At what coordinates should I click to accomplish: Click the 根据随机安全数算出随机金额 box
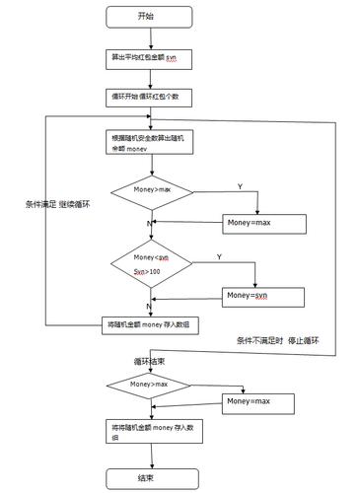pos(151,144)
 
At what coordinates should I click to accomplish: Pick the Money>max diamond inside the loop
pos(150,187)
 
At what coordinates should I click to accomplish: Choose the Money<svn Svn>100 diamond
pos(150,263)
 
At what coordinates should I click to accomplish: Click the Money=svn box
pos(259,295)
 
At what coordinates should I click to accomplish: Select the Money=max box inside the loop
pos(259,222)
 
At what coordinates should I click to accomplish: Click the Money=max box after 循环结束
pos(259,401)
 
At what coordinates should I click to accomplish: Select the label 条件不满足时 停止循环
pos(291,340)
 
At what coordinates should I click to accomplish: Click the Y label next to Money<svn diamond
pos(218,255)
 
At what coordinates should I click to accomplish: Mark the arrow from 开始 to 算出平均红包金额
pos(151,36)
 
